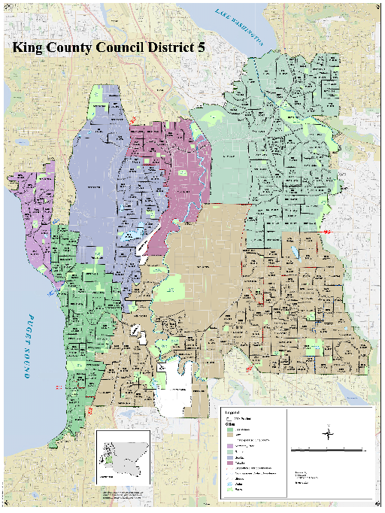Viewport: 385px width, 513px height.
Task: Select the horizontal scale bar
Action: click(x=329, y=449)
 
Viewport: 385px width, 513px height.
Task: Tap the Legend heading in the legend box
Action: click(x=231, y=413)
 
